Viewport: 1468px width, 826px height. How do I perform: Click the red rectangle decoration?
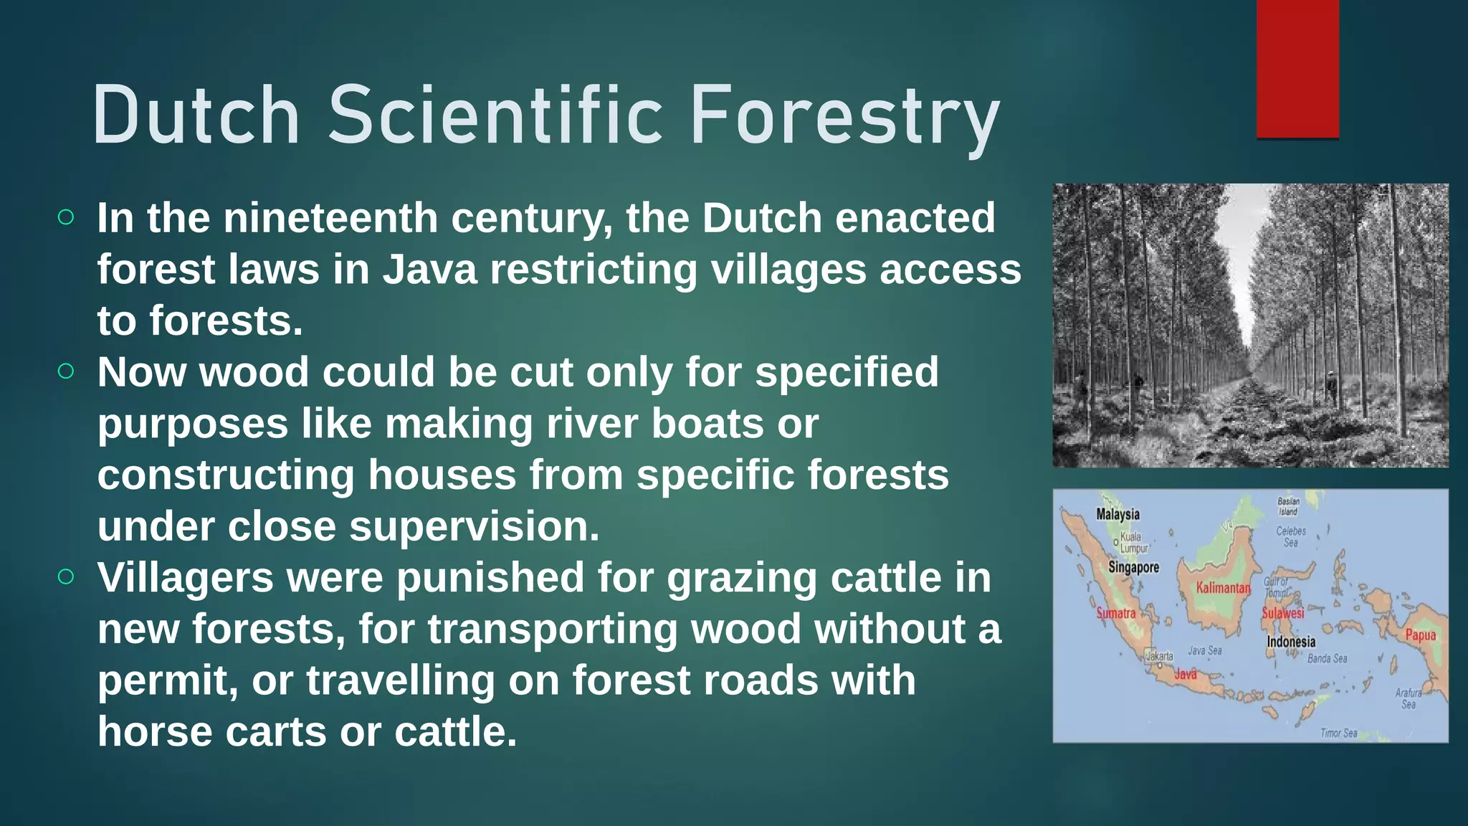(x=1297, y=69)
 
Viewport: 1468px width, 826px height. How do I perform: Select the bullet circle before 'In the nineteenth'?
(x=66, y=217)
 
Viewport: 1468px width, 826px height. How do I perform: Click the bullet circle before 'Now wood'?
(x=66, y=371)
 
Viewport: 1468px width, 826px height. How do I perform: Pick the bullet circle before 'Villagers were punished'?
(x=66, y=576)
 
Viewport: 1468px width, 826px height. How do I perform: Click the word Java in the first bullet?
(x=429, y=270)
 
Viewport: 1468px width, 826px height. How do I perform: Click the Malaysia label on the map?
(x=1117, y=514)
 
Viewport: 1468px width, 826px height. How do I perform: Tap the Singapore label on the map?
(x=1133, y=567)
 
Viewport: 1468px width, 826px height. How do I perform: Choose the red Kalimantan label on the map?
(x=1223, y=588)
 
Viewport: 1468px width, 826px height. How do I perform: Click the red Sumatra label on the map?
(x=1116, y=613)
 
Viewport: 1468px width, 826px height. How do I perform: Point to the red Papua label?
(x=1420, y=635)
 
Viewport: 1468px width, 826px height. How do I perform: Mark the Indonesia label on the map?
(x=1291, y=642)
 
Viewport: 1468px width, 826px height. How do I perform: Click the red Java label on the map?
(x=1185, y=674)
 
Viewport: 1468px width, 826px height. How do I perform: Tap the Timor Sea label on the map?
(x=1339, y=733)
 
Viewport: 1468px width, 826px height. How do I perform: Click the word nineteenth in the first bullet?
(x=330, y=218)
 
